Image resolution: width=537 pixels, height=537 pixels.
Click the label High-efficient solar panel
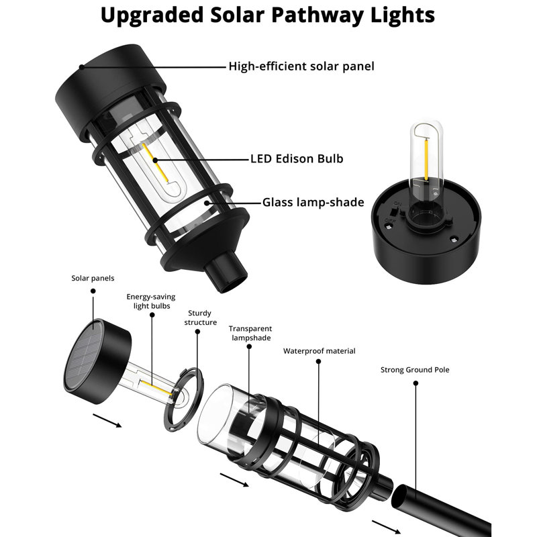click(301, 66)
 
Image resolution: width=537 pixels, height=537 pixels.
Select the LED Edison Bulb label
click(297, 159)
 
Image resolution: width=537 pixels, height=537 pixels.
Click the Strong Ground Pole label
click(415, 370)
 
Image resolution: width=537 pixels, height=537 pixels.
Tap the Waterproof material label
click(319, 351)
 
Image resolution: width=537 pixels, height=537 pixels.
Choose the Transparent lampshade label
click(250, 333)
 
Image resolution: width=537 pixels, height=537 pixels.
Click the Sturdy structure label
click(201, 318)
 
